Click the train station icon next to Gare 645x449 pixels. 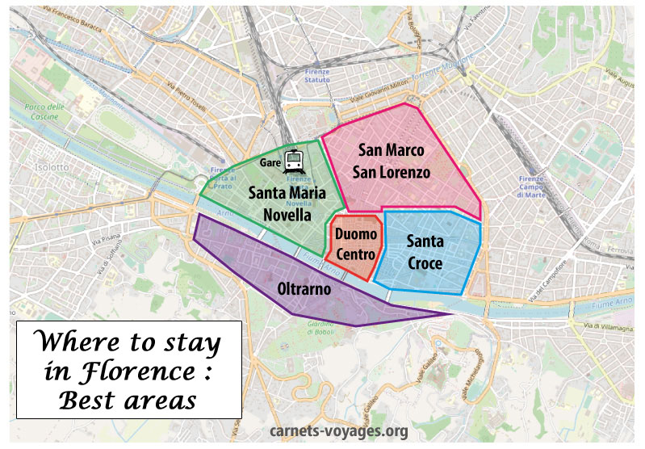tap(294, 160)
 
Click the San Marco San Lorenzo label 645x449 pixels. tap(394, 161)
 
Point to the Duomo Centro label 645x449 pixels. tap(355, 244)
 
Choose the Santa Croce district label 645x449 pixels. tap(425, 252)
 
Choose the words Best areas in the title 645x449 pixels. tap(129, 400)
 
